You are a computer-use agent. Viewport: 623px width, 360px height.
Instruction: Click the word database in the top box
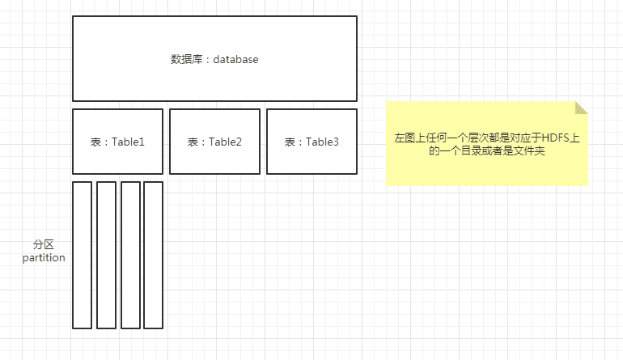pyautogui.click(x=236, y=59)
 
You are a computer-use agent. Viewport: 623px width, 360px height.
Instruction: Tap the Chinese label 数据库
pyautogui.click(x=185, y=59)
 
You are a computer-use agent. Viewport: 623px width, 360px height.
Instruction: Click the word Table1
pyautogui.click(x=128, y=142)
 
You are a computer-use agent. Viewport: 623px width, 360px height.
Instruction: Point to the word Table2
pyautogui.click(x=225, y=142)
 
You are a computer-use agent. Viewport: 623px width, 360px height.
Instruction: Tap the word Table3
pyautogui.click(x=322, y=142)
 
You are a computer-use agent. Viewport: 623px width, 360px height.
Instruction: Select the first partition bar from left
pyautogui.click(x=82, y=255)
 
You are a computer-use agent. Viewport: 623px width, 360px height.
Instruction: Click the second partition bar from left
pyautogui.click(x=106, y=255)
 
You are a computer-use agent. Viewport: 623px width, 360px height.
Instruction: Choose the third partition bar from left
pyautogui.click(x=130, y=255)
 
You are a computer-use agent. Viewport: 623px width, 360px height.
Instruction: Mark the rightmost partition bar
pyautogui.click(x=153, y=255)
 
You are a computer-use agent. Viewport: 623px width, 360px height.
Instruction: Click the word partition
pyautogui.click(x=44, y=258)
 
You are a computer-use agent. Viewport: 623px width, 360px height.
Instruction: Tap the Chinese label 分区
pyautogui.click(x=44, y=244)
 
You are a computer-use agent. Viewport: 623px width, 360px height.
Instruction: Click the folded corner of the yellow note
pyautogui.click(x=582, y=108)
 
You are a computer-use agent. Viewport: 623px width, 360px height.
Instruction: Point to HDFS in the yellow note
pyautogui.click(x=556, y=138)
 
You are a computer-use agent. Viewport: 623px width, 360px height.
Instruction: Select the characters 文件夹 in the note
pyautogui.click(x=529, y=150)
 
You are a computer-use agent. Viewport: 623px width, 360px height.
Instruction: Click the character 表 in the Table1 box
pyautogui.click(x=95, y=142)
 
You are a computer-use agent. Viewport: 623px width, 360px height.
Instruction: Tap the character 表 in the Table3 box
pyautogui.click(x=290, y=142)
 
